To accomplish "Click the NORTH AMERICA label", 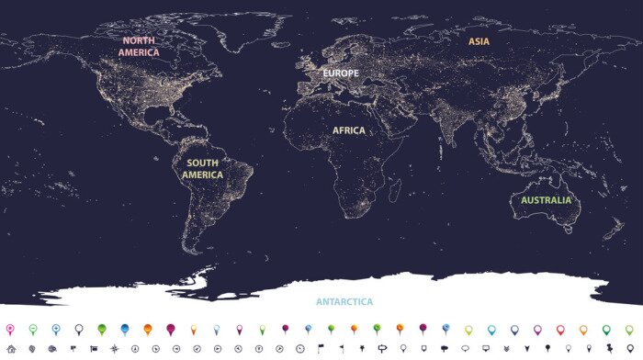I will pyautogui.click(x=139, y=47).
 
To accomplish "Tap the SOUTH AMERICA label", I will pyautogui.click(x=202, y=169).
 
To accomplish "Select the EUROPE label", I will pyautogui.click(x=339, y=73).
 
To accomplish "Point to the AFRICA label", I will pyautogui.click(x=349, y=130).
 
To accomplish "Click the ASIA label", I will pyautogui.click(x=479, y=41).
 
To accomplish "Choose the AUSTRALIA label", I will pyautogui.click(x=546, y=200).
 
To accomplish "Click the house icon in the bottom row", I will pyautogui.click(x=10, y=349).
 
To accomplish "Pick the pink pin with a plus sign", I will pyautogui.click(x=10, y=329).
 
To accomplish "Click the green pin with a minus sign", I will pyautogui.click(x=33, y=329).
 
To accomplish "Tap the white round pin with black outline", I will pyautogui.click(x=79, y=329).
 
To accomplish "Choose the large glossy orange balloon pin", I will pyautogui.click(x=148, y=329).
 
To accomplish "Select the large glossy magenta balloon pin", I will pyautogui.click(x=171, y=329).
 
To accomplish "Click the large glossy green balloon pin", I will pyautogui.click(x=102, y=329).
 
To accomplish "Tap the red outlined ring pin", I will pyautogui.click(x=559, y=329).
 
